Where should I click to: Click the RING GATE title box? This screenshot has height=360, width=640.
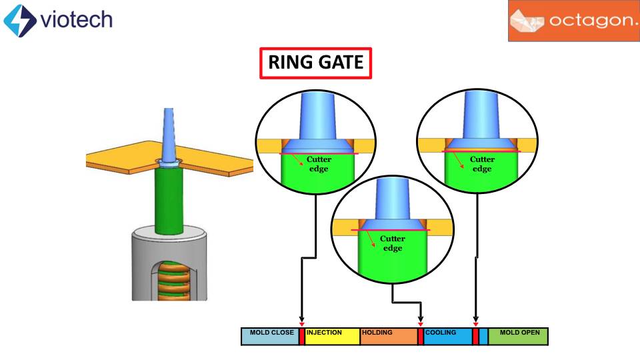click(315, 63)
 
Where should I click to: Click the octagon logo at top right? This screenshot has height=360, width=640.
click(574, 21)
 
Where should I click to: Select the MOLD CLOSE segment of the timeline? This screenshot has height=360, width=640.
click(269, 336)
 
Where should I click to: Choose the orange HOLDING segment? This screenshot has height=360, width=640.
click(388, 336)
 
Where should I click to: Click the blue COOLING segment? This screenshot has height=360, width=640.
click(447, 336)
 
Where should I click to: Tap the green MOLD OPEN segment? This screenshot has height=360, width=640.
click(518, 336)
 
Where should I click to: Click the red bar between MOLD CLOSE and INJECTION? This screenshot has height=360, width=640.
click(301, 336)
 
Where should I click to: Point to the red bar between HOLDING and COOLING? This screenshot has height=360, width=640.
click(421, 336)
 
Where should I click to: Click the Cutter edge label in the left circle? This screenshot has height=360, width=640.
click(318, 164)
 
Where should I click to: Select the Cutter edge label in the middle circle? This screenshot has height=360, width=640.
click(393, 243)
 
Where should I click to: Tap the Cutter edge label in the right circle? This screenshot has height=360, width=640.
click(482, 164)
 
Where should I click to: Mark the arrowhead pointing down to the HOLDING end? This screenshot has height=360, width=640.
click(421, 321)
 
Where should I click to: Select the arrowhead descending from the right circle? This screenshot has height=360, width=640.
click(475, 321)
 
